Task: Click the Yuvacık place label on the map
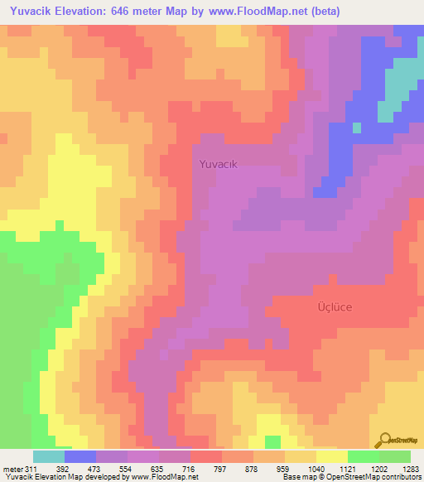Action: coord(219,164)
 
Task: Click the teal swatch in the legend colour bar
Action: coord(49,456)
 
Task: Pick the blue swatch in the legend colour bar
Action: coord(80,456)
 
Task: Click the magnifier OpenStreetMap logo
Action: coord(384,439)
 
